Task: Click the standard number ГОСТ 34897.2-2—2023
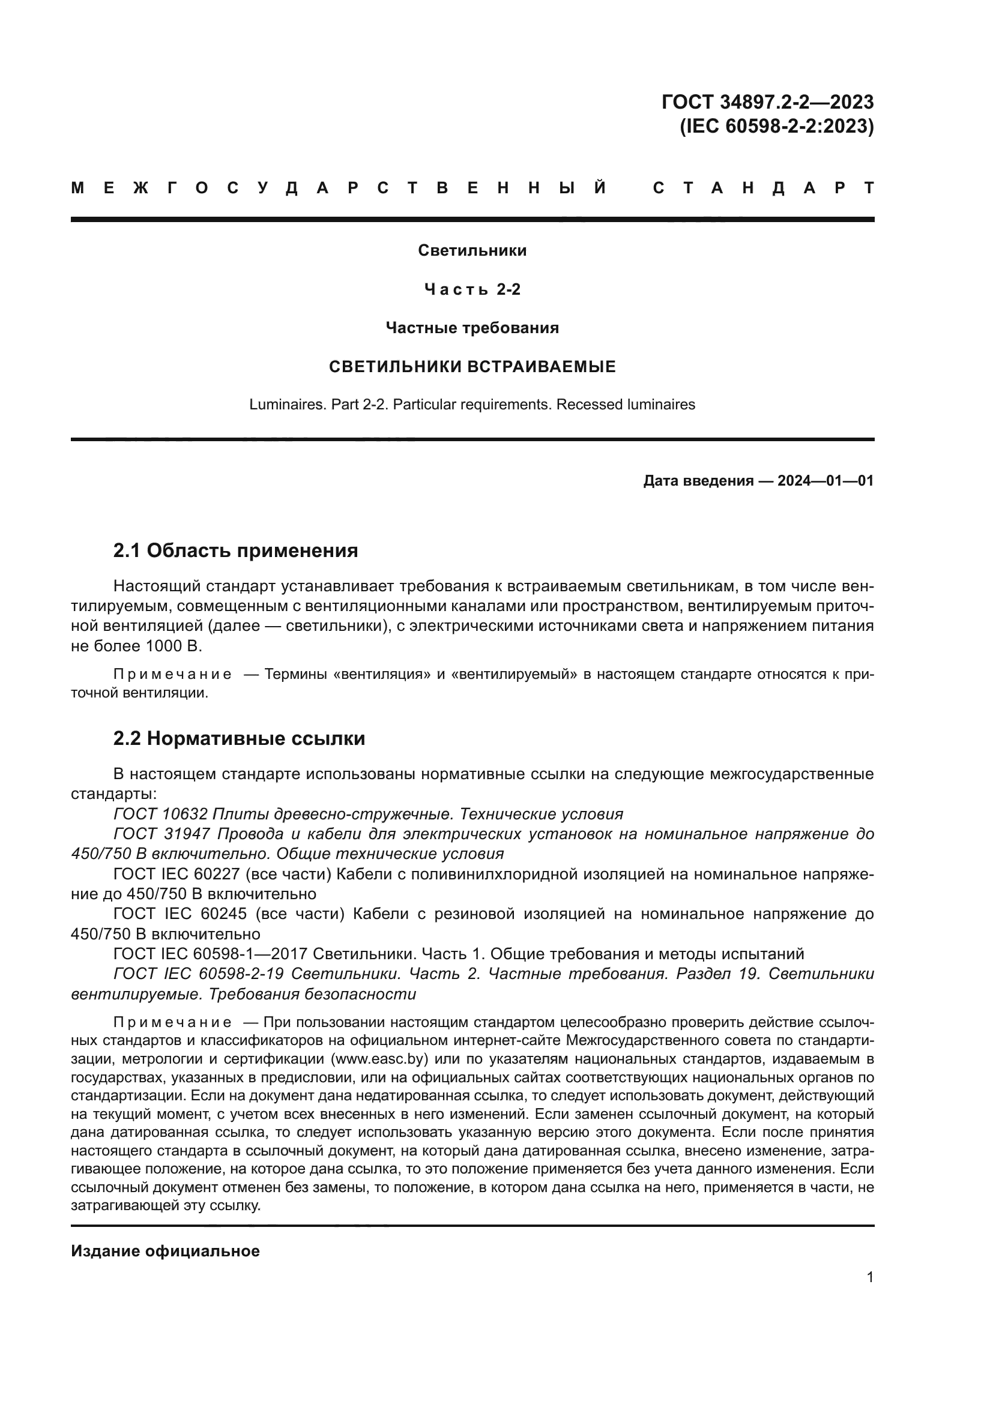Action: [767, 101]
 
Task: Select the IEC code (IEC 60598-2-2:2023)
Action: [776, 126]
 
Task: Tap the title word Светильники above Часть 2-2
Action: [472, 250]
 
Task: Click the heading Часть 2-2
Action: [472, 289]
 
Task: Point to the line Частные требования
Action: [472, 328]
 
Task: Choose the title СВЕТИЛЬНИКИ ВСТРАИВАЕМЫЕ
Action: [472, 367]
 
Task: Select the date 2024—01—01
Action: [825, 481]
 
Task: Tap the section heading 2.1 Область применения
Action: [235, 550]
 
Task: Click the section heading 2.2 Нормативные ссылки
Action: [239, 739]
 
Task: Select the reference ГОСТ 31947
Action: [162, 834]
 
